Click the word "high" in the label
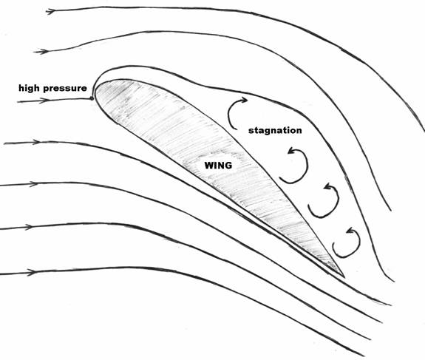(x=29, y=89)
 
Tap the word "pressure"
(x=65, y=89)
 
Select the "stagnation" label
(x=275, y=131)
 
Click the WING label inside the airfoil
(x=218, y=166)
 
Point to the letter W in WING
(x=209, y=166)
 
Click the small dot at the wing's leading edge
(x=92, y=98)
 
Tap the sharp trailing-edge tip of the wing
(x=344, y=277)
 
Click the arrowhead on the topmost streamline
(x=51, y=11)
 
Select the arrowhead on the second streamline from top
(x=41, y=51)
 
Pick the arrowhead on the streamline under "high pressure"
(x=45, y=101)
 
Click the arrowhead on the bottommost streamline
(x=31, y=273)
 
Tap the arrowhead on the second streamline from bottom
(x=29, y=227)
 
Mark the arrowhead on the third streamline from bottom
(x=34, y=184)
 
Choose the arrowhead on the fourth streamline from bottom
(x=36, y=142)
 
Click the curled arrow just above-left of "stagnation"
(x=230, y=112)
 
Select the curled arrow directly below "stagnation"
(x=307, y=166)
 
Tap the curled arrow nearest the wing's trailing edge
(x=359, y=242)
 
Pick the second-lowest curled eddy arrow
(x=338, y=200)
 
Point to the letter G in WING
(x=228, y=166)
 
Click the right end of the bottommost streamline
(x=364, y=356)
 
